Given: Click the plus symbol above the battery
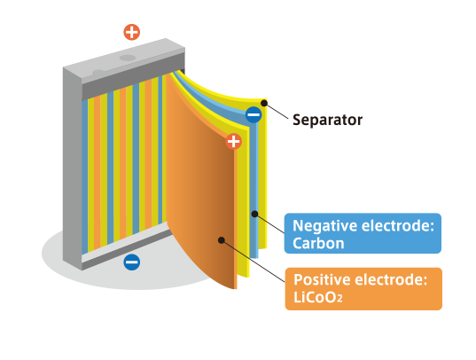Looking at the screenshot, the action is pyautogui.click(x=132, y=32).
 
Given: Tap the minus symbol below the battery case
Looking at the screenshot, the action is pyautogui.click(x=132, y=262).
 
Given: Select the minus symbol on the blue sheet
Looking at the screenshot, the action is pyautogui.click(x=254, y=114).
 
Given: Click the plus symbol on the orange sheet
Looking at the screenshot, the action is pyautogui.click(x=233, y=141).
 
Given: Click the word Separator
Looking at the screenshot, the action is pyautogui.click(x=327, y=120).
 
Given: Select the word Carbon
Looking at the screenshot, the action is pyautogui.click(x=318, y=243).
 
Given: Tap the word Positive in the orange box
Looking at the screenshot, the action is pyautogui.click(x=322, y=279).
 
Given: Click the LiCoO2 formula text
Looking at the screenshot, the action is pyautogui.click(x=318, y=297).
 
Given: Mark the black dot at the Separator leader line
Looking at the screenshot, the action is pyautogui.click(x=264, y=103).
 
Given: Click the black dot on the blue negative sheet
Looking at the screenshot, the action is pyautogui.click(x=254, y=215).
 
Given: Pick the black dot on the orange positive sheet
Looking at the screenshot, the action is pyautogui.click(x=222, y=240).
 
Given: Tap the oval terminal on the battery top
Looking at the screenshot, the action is pyautogui.click(x=128, y=58).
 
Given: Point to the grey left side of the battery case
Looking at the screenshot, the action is pyautogui.click(x=73, y=167).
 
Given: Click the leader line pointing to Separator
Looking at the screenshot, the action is pyautogui.click(x=277, y=111).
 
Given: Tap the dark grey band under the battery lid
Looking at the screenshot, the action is pyautogui.click(x=133, y=76).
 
